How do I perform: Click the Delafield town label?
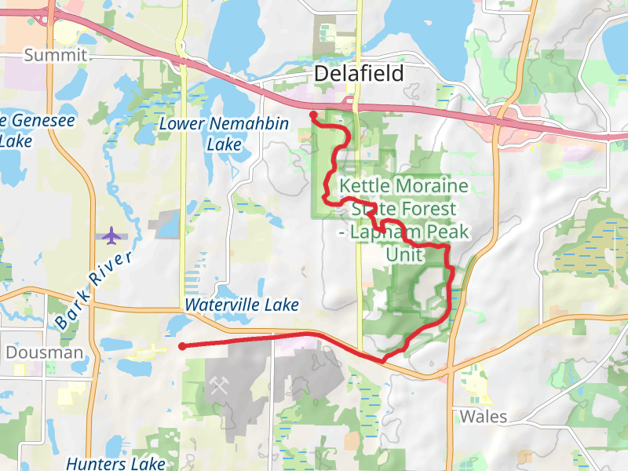[359, 74]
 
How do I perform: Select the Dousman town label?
[44, 353]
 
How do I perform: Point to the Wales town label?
[484, 416]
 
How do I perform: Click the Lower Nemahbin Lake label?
[224, 134]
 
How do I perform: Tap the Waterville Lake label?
[242, 304]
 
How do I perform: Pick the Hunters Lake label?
[115, 463]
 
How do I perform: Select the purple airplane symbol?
[112, 235]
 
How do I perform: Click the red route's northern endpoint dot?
[313, 115]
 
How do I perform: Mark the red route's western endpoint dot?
[182, 346]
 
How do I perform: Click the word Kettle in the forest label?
[366, 187]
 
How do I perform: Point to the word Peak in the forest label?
[447, 232]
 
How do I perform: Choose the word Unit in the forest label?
[405, 255]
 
